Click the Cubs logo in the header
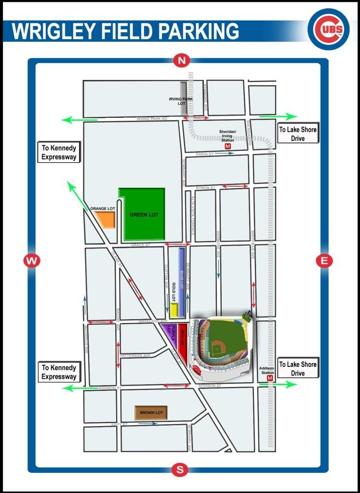pyautogui.click(x=328, y=29)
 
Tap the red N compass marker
pyautogui.click(x=182, y=61)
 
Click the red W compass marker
pyautogui.click(x=32, y=261)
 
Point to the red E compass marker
pyautogui.click(x=324, y=261)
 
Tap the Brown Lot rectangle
pyautogui.click(x=151, y=413)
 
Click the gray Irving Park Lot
pyautogui.click(x=184, y=98)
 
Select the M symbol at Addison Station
pyautogui.click(x=269, y=378)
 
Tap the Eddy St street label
pyautogui.click(x=119, y=424)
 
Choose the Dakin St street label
pyautogui.click(x=204, y=154)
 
